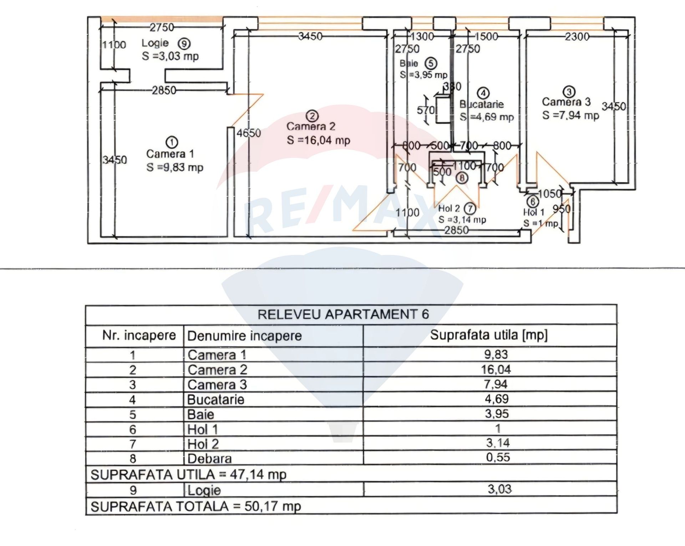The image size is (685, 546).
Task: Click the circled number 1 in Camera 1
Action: (173, 142)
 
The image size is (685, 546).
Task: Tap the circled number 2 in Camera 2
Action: (313, 116)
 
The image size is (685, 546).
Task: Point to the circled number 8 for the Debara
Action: (462, 177)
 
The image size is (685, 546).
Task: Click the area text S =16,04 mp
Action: (318, 140)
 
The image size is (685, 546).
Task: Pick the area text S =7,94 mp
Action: (570, 115)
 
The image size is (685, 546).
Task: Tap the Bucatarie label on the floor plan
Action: (482, 104)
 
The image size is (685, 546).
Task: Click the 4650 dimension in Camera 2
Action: (249, 133)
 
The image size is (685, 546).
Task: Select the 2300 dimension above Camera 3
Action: (577, 36)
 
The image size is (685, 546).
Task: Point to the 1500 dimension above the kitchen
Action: (486, 36)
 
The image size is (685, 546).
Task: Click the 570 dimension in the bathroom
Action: (425, 110)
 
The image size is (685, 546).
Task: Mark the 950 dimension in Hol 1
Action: (561, 209)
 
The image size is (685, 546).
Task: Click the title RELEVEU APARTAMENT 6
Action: (343, 314)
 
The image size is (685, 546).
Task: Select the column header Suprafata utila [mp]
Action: (489, 335)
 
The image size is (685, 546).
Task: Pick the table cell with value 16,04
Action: (496, 369)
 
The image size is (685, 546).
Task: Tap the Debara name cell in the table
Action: (210, 459)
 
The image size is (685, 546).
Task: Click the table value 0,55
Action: (498, 457)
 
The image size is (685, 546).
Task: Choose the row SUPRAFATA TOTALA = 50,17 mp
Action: (196, 506)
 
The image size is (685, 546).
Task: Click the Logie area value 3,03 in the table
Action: (499, 489)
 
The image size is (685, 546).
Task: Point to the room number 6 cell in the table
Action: (133, 429)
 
